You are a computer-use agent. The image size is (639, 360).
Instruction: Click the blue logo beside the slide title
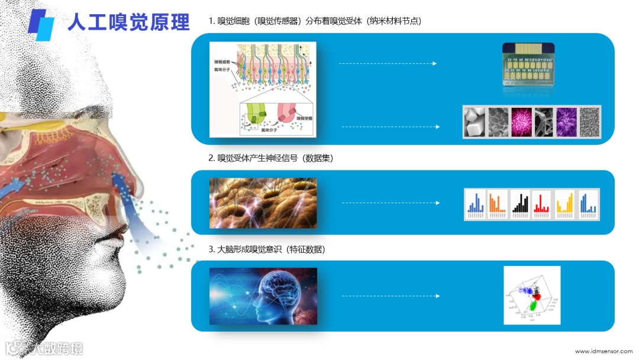[41, 24]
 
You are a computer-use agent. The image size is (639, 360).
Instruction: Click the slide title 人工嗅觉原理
[128, 22]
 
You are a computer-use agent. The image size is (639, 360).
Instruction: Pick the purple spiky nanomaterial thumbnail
[566, 122]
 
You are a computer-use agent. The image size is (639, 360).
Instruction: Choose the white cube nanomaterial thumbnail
[474, 122]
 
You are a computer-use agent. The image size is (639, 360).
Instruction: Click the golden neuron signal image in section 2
[263, 203]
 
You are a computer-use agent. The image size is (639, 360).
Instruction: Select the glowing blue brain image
[263, 295]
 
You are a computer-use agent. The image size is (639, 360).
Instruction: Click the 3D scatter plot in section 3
[531, 295]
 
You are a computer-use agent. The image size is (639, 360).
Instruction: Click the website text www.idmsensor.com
[602, 351]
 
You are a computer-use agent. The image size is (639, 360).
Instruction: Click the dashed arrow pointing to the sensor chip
[388, 63]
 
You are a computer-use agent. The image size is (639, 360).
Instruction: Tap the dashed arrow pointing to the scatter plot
[390, 295]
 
